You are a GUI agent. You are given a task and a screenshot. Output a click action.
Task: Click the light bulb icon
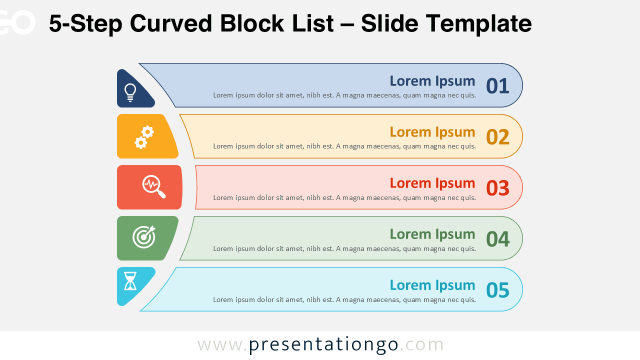[130, 92]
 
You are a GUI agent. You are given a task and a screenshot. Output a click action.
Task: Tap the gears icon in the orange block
[144, 137]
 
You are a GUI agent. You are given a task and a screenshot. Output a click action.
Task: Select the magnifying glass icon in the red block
[153, 186]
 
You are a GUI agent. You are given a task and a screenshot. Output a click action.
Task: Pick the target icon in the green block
[144, 237]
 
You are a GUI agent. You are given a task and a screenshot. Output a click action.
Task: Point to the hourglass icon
[130, 281]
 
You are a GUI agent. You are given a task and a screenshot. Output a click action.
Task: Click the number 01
[497, 86]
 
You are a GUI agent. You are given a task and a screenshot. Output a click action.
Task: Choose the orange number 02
[497, 137]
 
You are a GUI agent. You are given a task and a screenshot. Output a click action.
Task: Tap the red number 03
[497, 188]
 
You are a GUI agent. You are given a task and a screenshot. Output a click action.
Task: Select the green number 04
[497, 239]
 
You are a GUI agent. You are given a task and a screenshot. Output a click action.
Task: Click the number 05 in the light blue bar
[497, 290]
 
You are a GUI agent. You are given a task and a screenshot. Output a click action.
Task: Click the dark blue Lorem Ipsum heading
[432, 81]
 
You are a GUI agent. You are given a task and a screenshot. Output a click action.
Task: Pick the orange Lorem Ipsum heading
[432, 132]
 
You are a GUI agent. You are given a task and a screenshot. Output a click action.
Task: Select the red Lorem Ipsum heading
[432, 183]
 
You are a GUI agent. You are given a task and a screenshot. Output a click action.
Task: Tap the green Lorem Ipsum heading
[432, 234]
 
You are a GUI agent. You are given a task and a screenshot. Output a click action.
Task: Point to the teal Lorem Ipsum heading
[432, 285]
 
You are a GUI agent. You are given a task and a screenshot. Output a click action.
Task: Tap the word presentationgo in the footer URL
[323, 345]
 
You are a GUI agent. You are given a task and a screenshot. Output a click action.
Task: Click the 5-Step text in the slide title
[85, 23]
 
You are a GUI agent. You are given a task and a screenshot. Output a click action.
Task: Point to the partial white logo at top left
[17, 22]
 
